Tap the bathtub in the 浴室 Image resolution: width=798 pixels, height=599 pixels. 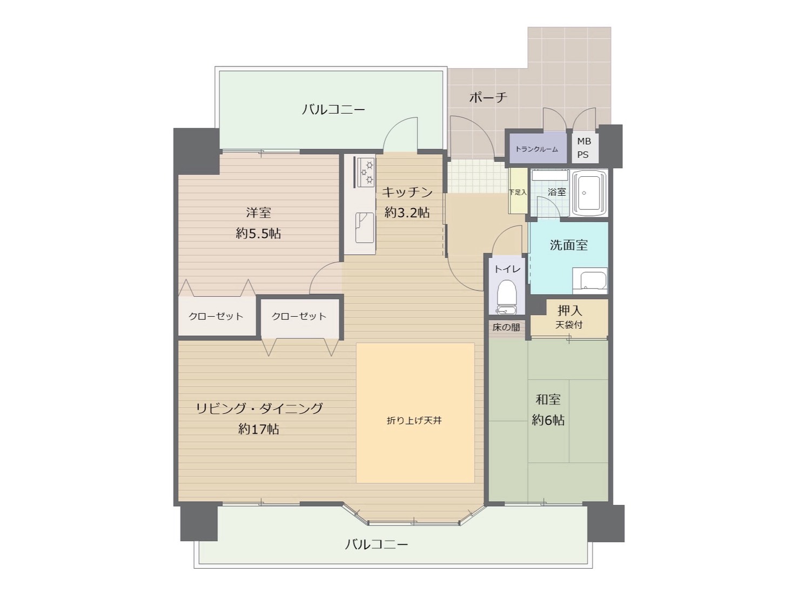coord(589,193)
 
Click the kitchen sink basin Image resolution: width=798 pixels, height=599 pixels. coord(364,228)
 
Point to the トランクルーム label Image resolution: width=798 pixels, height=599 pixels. coord(537,149)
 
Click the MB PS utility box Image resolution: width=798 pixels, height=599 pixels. coord(585,148)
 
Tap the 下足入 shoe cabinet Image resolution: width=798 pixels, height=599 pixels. coord(518,191)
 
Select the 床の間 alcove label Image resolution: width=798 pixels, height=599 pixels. coord(506,327)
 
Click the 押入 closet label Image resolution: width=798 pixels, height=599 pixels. coord(569,310)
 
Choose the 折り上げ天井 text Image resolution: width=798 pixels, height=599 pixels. coord(414,421)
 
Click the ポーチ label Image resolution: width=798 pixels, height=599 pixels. coord(488,97)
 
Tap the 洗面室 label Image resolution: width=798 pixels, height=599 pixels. coord(568,245)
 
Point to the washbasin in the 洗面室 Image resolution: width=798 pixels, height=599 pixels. coord(589,281)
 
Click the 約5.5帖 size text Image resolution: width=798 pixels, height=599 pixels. coord(258,234)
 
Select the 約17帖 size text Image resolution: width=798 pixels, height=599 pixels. coord(258,430)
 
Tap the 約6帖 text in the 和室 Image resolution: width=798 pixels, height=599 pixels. coord(548,421)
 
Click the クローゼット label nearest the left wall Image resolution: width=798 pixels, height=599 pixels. coord(216,316)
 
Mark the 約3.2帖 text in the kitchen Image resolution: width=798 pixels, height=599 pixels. coord(407,212)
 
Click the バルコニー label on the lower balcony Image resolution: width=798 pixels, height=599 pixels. coord(376,544)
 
